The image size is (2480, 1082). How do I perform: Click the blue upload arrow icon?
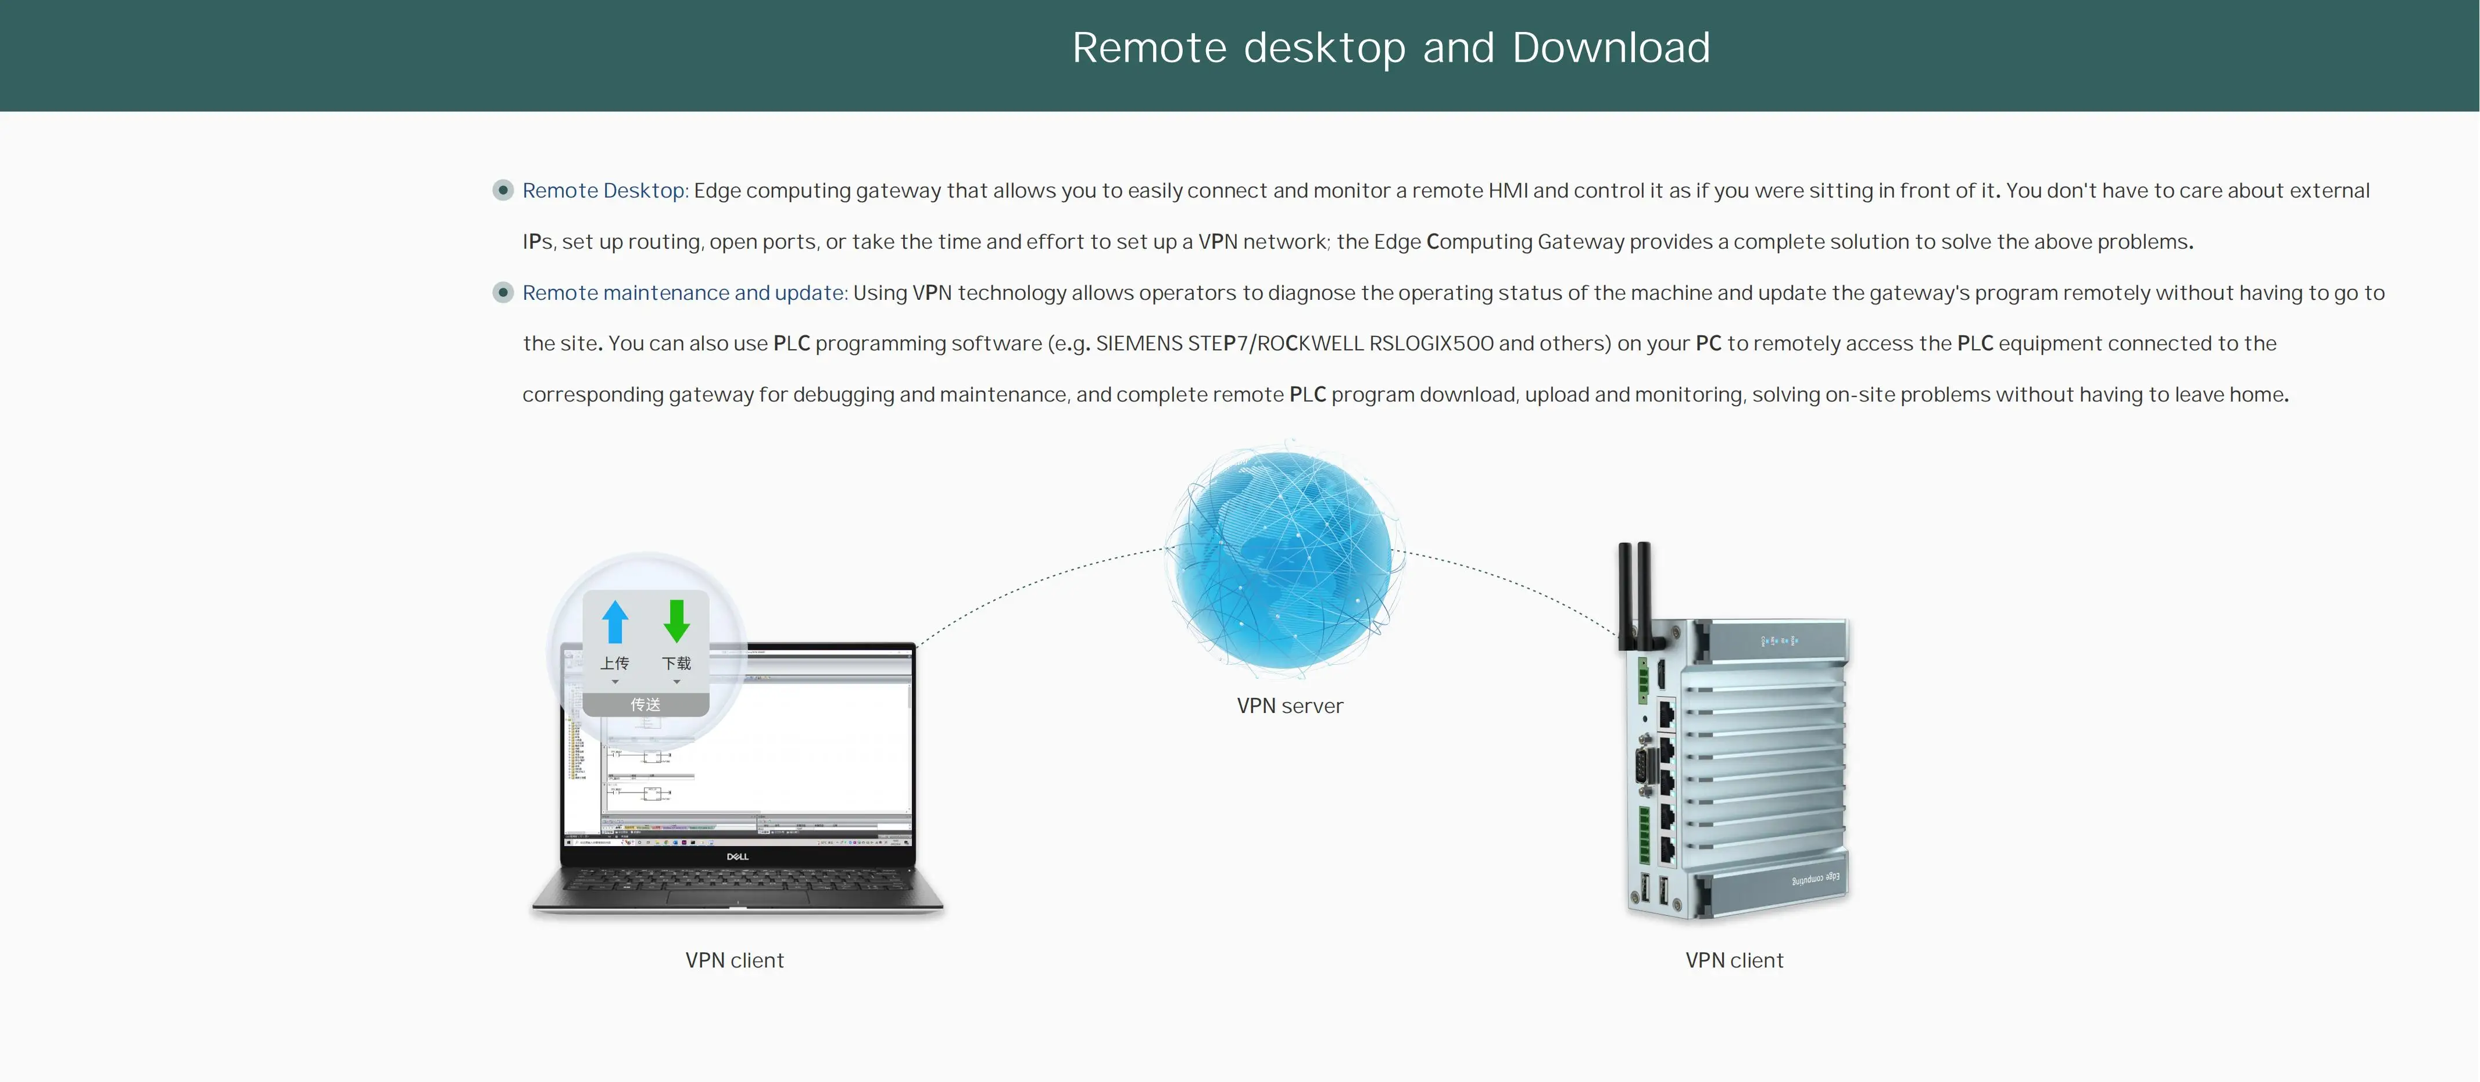tap(615, 622)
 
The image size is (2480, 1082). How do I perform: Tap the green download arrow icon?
tap(677, 622)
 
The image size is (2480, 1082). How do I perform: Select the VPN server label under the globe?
tap(1289, 705)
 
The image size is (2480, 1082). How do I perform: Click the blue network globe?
tap(1285, 559)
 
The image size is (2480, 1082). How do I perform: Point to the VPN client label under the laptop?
tap(735, 960)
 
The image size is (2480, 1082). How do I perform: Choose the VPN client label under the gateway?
tap(1734, 960)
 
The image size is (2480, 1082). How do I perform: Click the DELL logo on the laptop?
tap(738, 856)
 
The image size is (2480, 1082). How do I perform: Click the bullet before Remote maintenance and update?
tap(503, 293)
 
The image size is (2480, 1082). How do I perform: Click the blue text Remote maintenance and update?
tap(685, 293)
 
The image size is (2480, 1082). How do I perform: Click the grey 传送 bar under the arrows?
tap(645, 705)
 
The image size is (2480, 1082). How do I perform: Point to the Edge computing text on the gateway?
tap(1815, 879)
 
